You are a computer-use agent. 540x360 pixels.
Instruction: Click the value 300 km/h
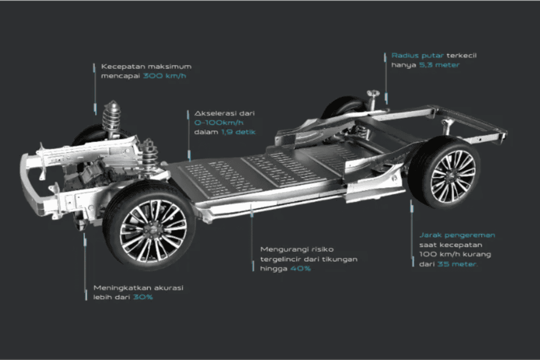(165, 76)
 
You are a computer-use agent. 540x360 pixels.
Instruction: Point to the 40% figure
(300, 268)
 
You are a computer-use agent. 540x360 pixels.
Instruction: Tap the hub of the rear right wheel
(451, 173)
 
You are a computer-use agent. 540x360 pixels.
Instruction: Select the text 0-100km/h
(214, 122)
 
